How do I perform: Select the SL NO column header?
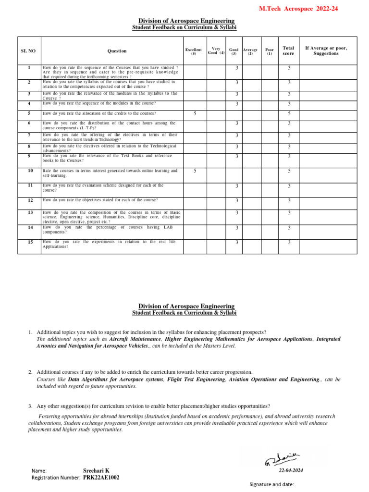pyautogui.click(x=28, y=51)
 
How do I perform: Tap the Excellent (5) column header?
pyautogui.click(x=194, y=51)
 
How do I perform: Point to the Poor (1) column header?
pyautogui.click(x=270, y=51)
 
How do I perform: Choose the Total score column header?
pyautogui.click(x=288, y=51)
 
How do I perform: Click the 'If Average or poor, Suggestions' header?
pyautogui.click(x=326, y=51)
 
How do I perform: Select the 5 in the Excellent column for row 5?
pyautogui.click(x=195, y=113)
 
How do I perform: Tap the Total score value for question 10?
pyautogui.click(x=289, y=171)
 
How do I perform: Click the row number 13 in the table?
pyautogui.click(x=30, y=212)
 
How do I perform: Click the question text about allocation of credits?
pyautogui.click(x=99, y=113)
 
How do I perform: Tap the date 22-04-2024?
pyautogui.click(x=291, y=470)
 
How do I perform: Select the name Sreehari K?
pyautogui.click(x=96, y=470)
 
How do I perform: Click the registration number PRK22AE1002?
pyautogui.click(x=101, y=478)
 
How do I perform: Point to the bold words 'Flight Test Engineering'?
pyautogui.click(x=197, y=379)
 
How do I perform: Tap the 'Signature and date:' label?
pyautogui.click(x=271, y=484)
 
